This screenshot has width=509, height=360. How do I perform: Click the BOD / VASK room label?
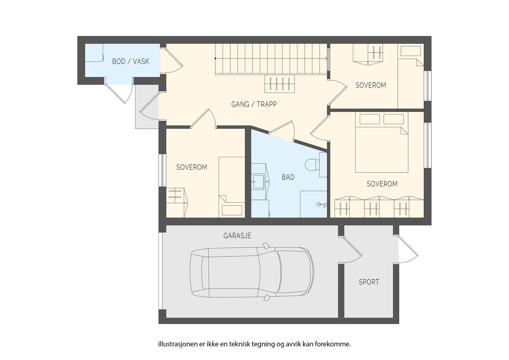point(131,61)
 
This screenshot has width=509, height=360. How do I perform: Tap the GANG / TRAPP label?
point(254,104)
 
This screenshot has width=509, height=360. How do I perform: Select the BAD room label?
point(288,177)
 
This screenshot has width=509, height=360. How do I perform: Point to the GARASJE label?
point(237,236)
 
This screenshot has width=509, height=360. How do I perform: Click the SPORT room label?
point(369,282)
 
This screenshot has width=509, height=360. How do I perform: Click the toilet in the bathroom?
point(312,165)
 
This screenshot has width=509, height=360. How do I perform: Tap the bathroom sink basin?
point(258,181)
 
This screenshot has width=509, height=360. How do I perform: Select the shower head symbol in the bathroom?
point(322,205)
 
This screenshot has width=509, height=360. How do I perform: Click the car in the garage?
point(252,272)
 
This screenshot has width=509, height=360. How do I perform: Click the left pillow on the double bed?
point(370,119)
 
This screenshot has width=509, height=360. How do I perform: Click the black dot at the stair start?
point(215,59)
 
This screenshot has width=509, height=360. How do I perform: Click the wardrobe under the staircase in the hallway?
point(280,84)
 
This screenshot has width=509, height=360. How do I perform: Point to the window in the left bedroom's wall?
point(163,170)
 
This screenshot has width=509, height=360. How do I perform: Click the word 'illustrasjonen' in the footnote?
point(178,344)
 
